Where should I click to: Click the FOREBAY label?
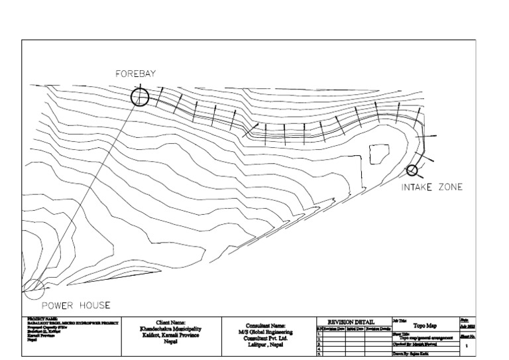[x=135, y=74]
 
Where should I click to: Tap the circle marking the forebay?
[x=140, y=97]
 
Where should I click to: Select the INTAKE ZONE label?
[x=431, y=188]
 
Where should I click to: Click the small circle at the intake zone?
[x=412, y=170]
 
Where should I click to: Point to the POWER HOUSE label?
[x=76, y=306]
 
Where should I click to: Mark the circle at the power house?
[x=33, y=289]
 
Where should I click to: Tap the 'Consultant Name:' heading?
[x=265, y=326]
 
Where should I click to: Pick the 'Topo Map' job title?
[x=425, y=326]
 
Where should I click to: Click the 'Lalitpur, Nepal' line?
[x=265, y=345]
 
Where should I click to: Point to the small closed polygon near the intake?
[x=378, y=154]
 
